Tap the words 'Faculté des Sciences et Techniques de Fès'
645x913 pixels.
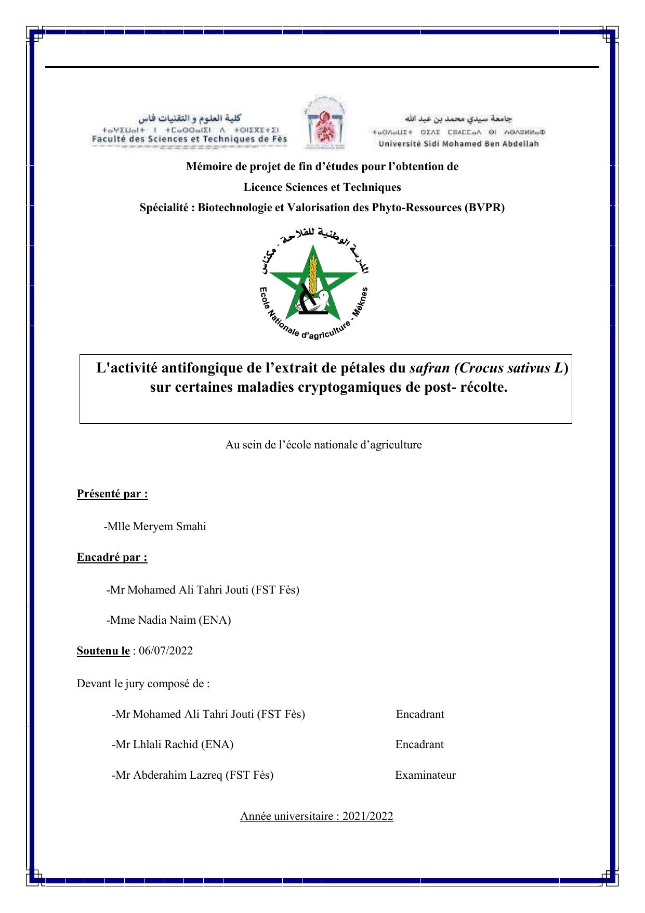(x=189, y=139)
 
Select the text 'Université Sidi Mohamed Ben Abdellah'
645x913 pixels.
(x=458, y=144)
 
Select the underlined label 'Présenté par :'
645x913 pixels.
(x=112, y=494)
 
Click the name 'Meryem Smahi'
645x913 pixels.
(x=169, y=526)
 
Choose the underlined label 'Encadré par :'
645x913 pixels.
(x=112, y=557)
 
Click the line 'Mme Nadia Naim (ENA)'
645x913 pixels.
(x=169, y=620)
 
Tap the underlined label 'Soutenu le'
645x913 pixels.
(x=103, y=651)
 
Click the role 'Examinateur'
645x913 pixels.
(x=425, y=775)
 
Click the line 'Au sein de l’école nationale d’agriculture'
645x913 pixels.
(x=323, y=445)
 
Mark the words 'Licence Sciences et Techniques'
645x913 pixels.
(x=322, y=187)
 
